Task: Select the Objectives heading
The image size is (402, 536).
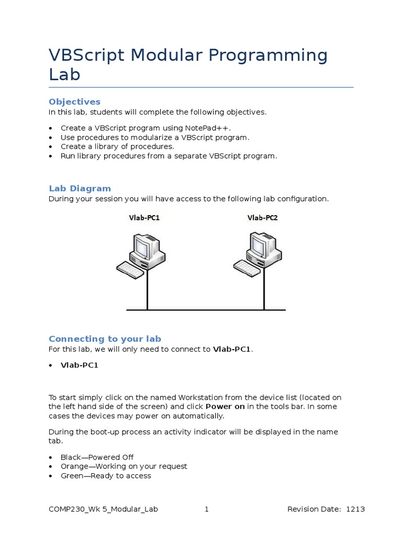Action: tap(74, 102)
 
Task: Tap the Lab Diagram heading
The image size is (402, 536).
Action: tap(80, 188)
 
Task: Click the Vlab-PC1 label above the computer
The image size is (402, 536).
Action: tap(144, 217)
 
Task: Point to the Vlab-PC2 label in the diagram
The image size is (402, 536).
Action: tap(262, 217)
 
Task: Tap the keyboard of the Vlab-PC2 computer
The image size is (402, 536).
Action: tap(247, 269)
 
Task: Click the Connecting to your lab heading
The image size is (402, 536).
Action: tap(105, 339)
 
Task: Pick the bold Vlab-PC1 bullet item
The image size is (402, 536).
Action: tap(79, 365)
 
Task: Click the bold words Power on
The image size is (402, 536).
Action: tap(225, 407)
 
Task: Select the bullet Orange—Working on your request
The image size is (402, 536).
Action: tap(124, 466)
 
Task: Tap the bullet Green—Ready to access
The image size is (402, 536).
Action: tap(106, 476)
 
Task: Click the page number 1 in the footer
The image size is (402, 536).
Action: tap(207, 509)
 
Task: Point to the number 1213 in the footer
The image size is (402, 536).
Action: tap(356, 509)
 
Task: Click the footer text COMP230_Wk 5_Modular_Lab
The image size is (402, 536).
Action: tap(103, 509)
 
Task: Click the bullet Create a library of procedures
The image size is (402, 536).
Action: tap(117, 147)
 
